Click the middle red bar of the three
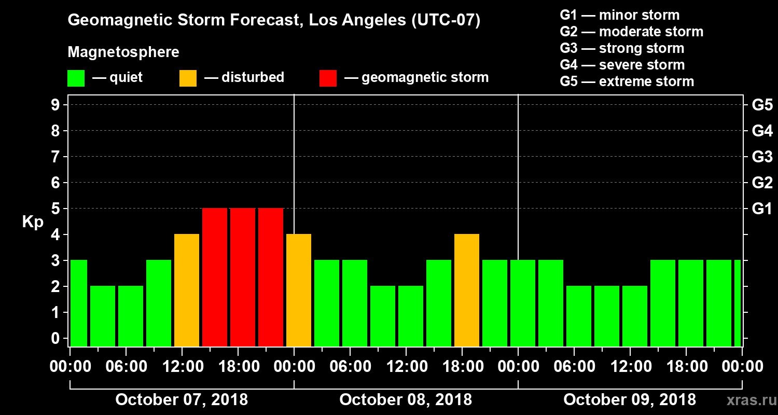coord(243,277)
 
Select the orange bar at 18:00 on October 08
coord(467,290)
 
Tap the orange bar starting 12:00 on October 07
coord(187,290)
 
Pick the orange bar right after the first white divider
coord(299,290)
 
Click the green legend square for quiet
coord(76,78)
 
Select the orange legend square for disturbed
coord(188,78)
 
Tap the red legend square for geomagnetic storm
coord(328,78)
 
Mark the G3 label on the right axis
coord(762,157)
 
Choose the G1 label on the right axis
coord(762,209)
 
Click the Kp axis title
coord(32,222)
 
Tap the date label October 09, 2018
coord(630,400)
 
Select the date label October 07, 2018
coord(182,400)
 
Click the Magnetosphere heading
coord(123,52)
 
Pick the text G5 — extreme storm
coord(627,81)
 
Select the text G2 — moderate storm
coord(631,32)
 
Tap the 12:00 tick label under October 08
coord(407,367)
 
